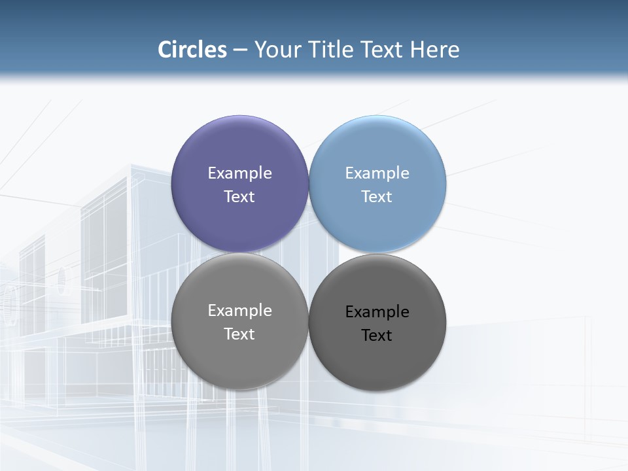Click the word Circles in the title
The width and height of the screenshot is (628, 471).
[x=192, y=50]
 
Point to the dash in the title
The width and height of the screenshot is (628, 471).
[x=240, y=50]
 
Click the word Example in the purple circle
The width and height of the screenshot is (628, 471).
[x=239, y=173]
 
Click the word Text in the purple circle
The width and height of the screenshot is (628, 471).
[x=239, y=197]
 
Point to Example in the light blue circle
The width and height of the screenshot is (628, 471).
[x=377, y=173]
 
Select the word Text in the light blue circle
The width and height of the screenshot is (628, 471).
[x=377, y=197]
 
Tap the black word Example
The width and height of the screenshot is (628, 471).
[x=377, y=312]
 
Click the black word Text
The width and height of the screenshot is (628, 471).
[x=377, y=336]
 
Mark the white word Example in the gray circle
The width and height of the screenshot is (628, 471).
[x=239, y=311]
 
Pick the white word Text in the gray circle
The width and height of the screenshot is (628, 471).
[x=239, y=334]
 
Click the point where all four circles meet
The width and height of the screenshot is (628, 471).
[x=309, y=253]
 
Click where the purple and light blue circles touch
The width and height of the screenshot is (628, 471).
[x=309, y=184]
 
